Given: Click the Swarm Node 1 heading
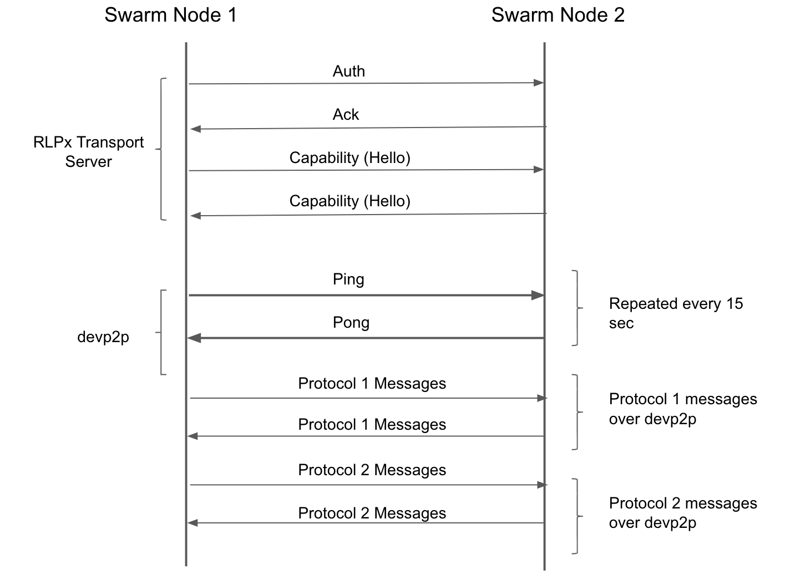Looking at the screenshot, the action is (x=170, y=15).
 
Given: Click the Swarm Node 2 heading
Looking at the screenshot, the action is (x=558, y=15).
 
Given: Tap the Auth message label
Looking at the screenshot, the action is (x=349, y=71).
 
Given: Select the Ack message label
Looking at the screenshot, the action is (x=346, y=115).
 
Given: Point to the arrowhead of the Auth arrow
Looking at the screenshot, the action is (x=539, y=83).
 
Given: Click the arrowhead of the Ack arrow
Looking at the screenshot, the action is (x=195, y=129).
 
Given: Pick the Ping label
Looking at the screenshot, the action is (x=348, y=279).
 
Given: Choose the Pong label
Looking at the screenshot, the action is (x=351, y=323).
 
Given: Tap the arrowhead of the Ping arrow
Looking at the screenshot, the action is (x=538, y=295).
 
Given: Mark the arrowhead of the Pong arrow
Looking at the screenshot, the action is (x=194, y=338).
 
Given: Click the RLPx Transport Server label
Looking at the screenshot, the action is (x=89, y=152).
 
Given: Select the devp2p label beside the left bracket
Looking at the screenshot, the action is (x=103, y=338).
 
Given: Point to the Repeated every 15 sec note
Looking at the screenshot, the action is (x=676, y=313).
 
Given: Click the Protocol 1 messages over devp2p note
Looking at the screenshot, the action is (x=683, y=409).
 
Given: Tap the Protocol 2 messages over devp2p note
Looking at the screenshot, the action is (x=683, y=513).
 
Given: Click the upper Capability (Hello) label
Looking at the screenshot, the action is (x=350, y=158).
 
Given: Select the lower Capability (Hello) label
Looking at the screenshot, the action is (x=350, y=201).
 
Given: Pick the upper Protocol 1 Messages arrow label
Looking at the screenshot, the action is (x=372, y=384).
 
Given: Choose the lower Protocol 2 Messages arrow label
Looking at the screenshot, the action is (x=372, y=513).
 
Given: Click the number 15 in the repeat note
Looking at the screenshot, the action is (x=735, y=304).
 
